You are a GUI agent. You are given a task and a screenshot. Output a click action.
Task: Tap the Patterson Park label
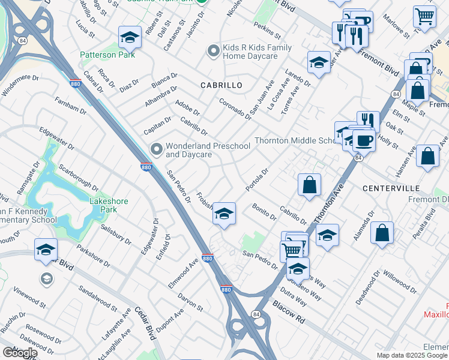click(x=108, y=55)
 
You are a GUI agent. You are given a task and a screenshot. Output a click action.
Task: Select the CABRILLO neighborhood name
click(x=221, y=85)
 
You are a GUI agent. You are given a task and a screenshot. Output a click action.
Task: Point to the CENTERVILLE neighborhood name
click(x=390, y=188)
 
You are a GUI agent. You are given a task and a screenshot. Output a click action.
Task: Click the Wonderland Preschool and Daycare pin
click(x=157, y=148)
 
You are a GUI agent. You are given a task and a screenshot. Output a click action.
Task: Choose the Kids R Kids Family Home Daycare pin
click(x=212, y=51)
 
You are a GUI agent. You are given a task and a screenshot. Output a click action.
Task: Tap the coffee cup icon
click(x=364, y=141)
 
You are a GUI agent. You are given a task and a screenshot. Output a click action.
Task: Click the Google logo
click(x=20, y=353)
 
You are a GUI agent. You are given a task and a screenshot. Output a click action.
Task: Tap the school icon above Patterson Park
click(x=130, y=38)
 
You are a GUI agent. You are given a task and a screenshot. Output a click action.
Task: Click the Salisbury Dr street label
click(x=115, y=233)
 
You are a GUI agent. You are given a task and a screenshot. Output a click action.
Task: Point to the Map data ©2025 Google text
click(x=412, y=355)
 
